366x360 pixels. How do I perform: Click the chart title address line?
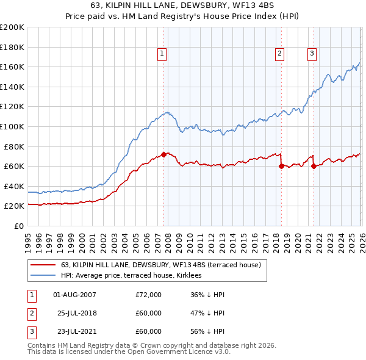pos(182,7)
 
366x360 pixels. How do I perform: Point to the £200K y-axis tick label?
pos(12,27)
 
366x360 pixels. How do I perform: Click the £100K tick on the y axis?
pos(12,126)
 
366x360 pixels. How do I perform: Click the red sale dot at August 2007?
pos(163,154)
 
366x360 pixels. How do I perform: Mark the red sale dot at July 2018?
pos(281,166)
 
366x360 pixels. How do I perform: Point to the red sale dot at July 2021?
pos(314,166)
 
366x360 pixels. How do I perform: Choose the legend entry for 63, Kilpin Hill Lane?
pos(161,265)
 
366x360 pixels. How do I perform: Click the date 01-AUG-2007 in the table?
pos(74,295)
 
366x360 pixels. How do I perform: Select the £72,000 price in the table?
pos(149,295)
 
